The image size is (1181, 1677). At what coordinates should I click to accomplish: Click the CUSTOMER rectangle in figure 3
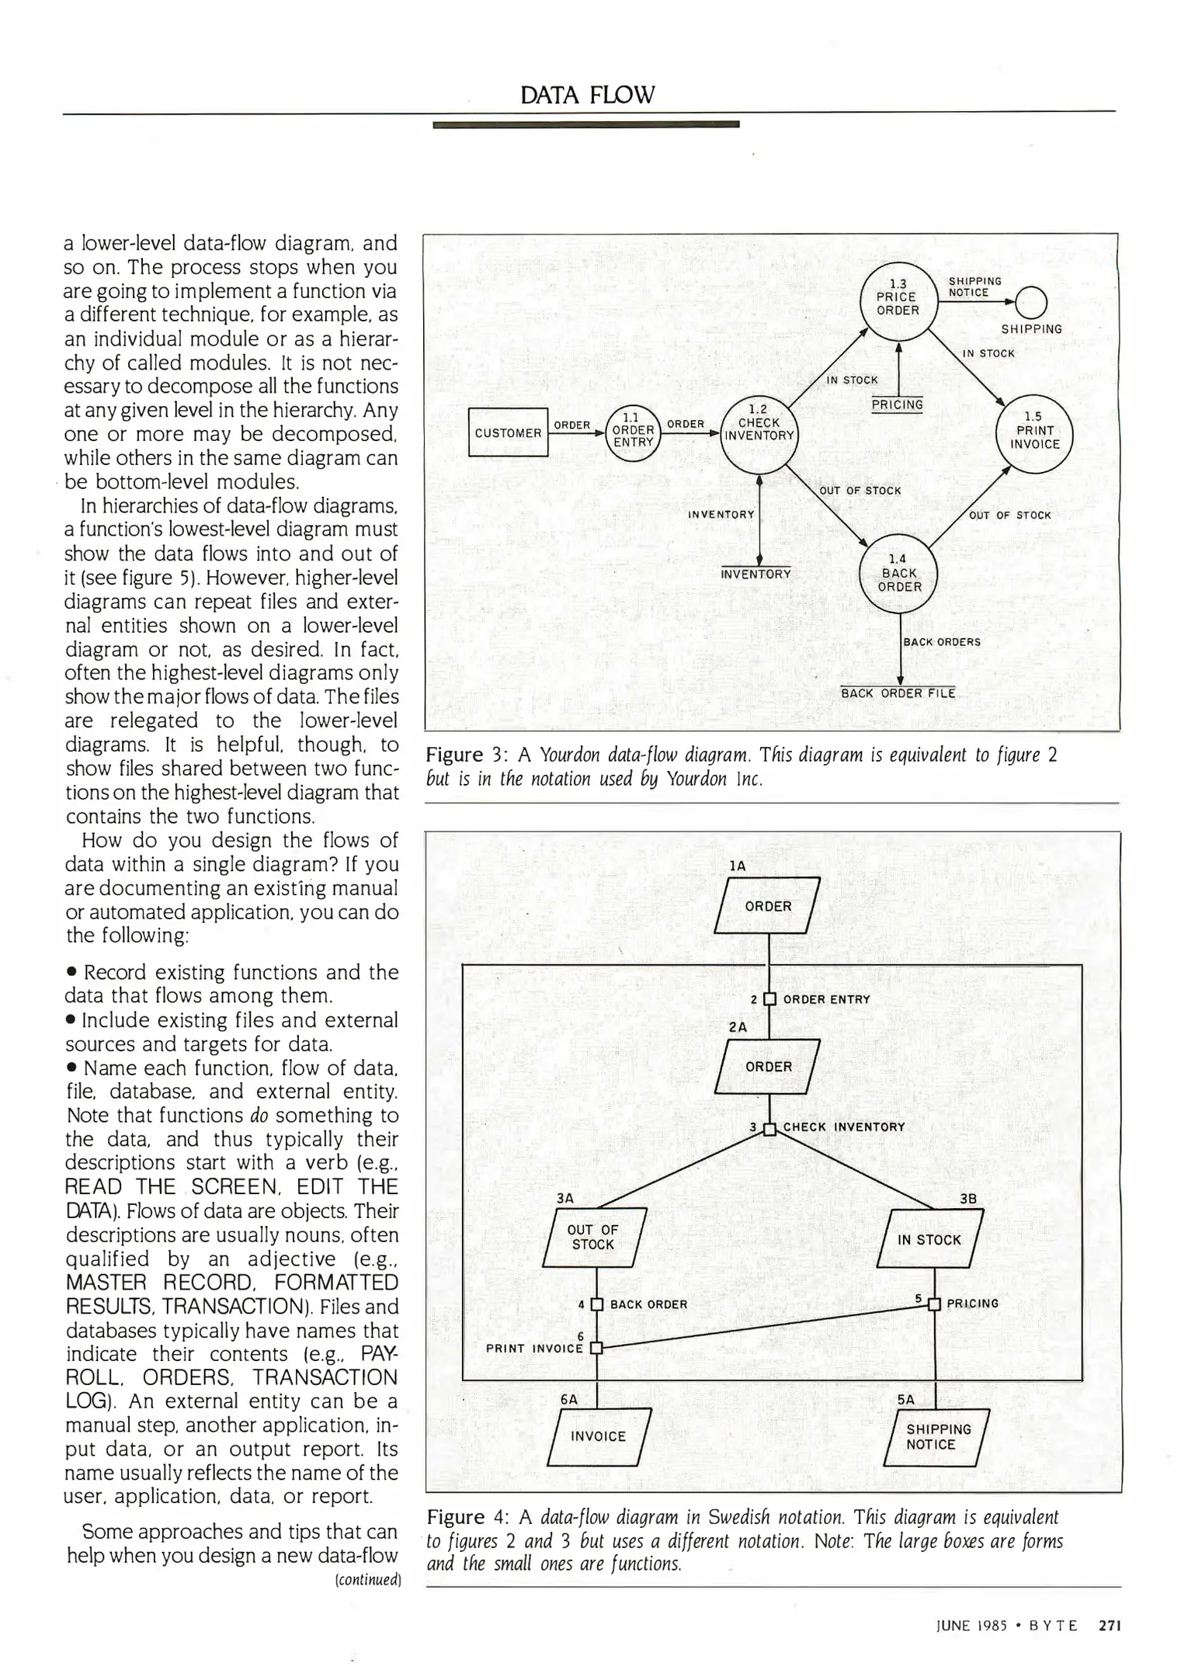pos(509,432)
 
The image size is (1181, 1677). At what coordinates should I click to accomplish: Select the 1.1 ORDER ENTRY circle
pos(633,433)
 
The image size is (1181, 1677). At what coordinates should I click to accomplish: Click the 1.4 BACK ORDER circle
pos(899,573)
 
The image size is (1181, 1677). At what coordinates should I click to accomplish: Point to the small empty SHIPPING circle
pos(1031,302)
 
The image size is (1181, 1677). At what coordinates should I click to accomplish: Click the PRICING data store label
pos(897,404)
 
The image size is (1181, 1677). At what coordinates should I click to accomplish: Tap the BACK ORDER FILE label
pos(898,693)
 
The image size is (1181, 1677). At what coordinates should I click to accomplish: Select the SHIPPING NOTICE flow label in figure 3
pos(974,287)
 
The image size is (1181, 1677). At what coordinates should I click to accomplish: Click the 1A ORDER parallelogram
pos(768,906)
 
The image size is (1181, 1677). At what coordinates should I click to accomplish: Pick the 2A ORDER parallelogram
pos(768,1067)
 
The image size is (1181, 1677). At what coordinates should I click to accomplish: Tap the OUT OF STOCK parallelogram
pos(594,1237)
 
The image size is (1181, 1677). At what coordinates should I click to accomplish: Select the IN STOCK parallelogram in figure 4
pos(929,1240)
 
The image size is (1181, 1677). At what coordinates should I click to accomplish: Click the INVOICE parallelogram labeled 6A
pos(598,1436)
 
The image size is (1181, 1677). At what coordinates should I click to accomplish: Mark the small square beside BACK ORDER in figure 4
pos(596,1304)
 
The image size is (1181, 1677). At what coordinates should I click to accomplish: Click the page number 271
pos(1110,1625)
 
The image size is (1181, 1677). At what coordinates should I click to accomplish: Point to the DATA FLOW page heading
pos(588,95)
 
